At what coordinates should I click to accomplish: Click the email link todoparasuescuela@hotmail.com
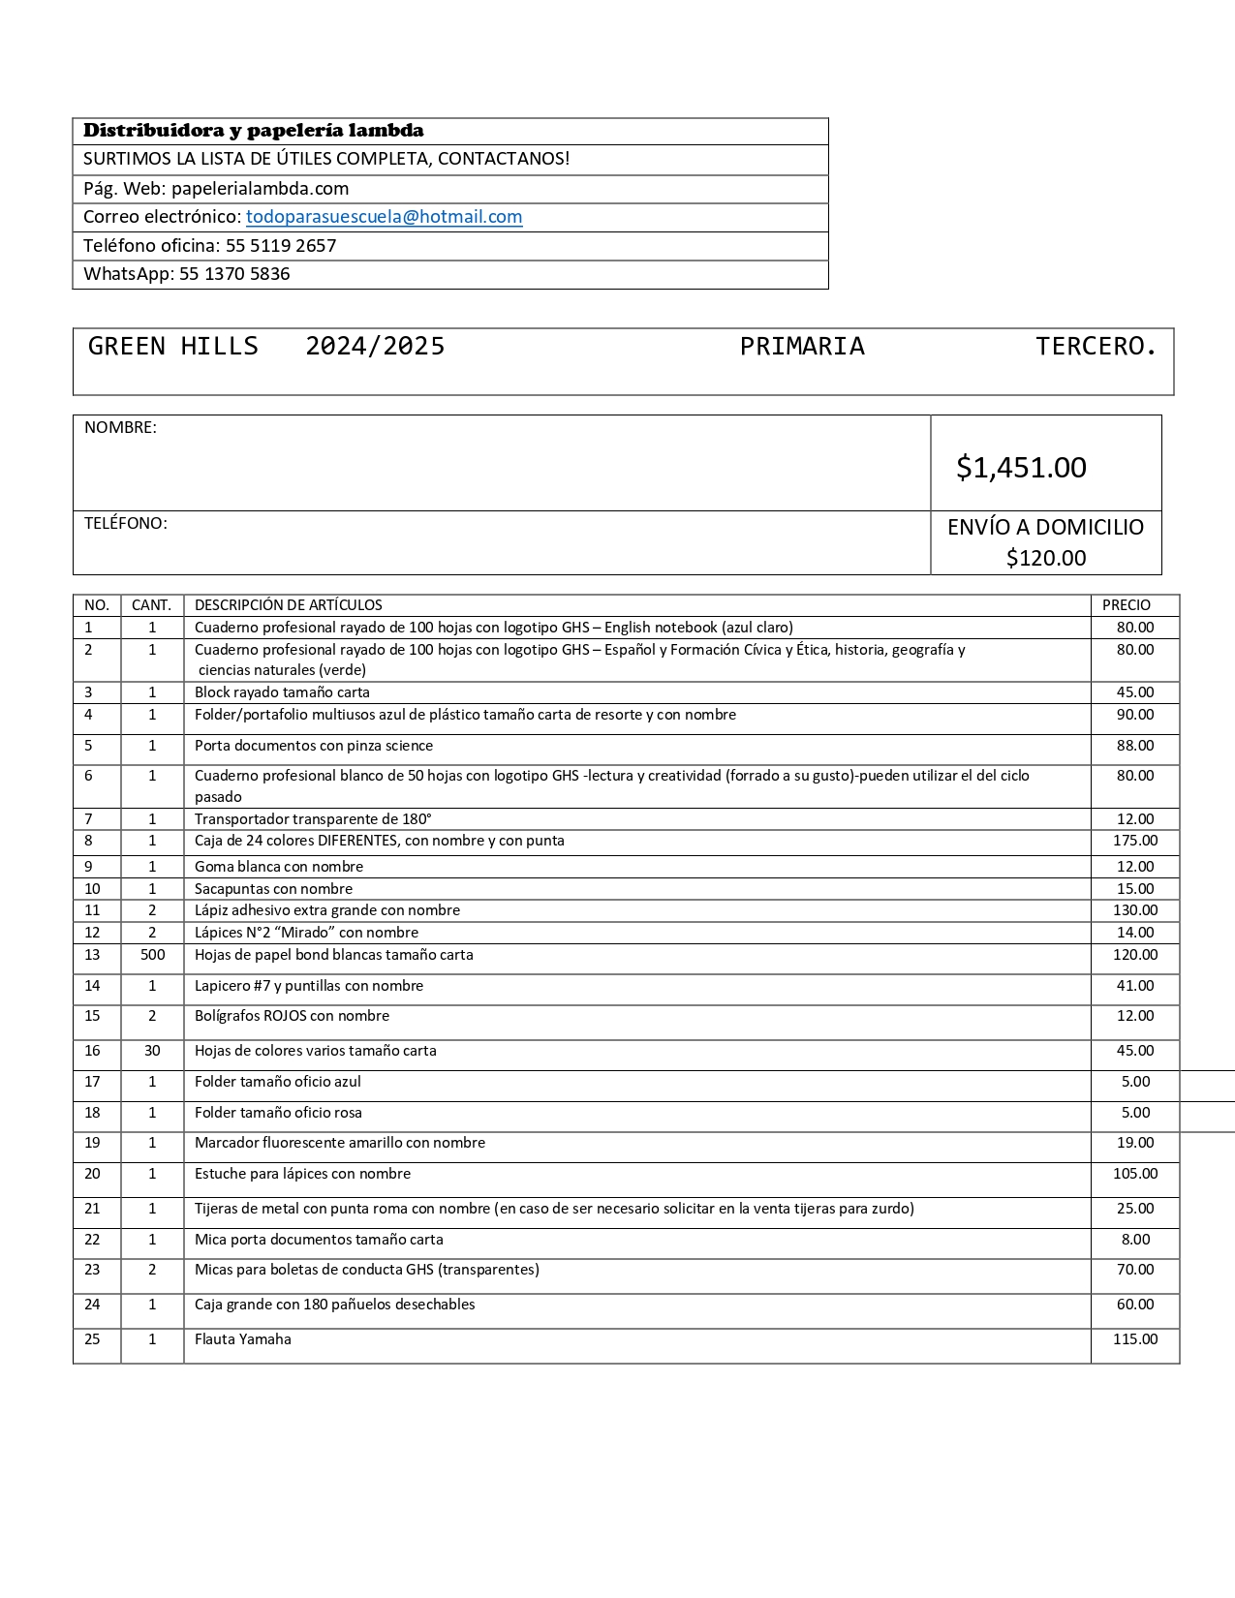(x=384, y=217)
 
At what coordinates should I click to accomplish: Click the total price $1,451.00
(x=1021, y=468)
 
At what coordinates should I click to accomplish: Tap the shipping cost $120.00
(x=1046, y=558)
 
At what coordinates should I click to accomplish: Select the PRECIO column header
(x=1126, y=605)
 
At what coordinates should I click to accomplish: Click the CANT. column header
(x=151, y=605)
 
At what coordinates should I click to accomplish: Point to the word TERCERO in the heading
(x=1095, y=347)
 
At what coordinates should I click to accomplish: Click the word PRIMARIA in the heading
(x=802, y=347)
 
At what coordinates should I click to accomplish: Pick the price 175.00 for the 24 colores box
(x=1135, y=841)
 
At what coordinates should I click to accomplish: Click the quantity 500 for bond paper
(x=152, y=955)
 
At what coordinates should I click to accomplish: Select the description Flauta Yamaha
(x=243, y=1339)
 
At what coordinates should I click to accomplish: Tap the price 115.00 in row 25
(x=1135, y=1339)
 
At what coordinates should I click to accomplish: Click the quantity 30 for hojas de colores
(x=152, y=1051)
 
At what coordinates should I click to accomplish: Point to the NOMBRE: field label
(x=120, y=428)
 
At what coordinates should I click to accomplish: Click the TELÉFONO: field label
(x=125, y=524)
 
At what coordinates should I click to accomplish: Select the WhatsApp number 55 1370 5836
(x=234, y=274)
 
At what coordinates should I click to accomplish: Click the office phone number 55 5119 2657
(x=281, y=246)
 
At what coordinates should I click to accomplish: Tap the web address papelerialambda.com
(x=260, y=189)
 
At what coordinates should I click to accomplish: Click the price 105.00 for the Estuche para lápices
(x=1135, y=1174)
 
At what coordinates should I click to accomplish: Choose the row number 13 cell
(x=92, y=955)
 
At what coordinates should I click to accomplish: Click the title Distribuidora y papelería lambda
(x=253, y=131)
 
